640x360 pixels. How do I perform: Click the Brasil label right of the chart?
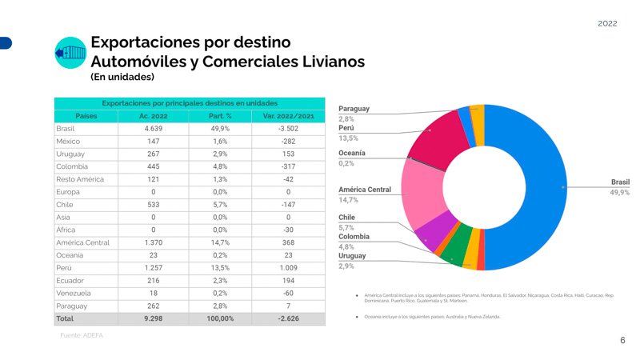coord(619,182)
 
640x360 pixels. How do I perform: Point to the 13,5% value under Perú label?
coord(348,138)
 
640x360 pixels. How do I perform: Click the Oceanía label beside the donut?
coord(352,152)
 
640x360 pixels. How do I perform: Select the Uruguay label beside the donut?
coord(352,255)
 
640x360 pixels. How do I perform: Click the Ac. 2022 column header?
coord(153,116)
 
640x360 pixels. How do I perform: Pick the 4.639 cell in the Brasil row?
coord(153,128)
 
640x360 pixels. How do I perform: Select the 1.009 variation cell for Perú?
coord(288,268)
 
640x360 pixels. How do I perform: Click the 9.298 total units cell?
coord(153,318)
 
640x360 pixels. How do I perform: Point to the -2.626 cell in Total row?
coord(288,318)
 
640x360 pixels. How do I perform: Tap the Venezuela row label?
coord(74,293)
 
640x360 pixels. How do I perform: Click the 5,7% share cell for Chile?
coord(221,204)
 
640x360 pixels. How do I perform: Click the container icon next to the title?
coord(70,53)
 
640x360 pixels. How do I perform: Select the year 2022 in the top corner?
coord(607,24)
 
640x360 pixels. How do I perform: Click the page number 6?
coord(622,341)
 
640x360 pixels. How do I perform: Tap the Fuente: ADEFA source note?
coord(82,335)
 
